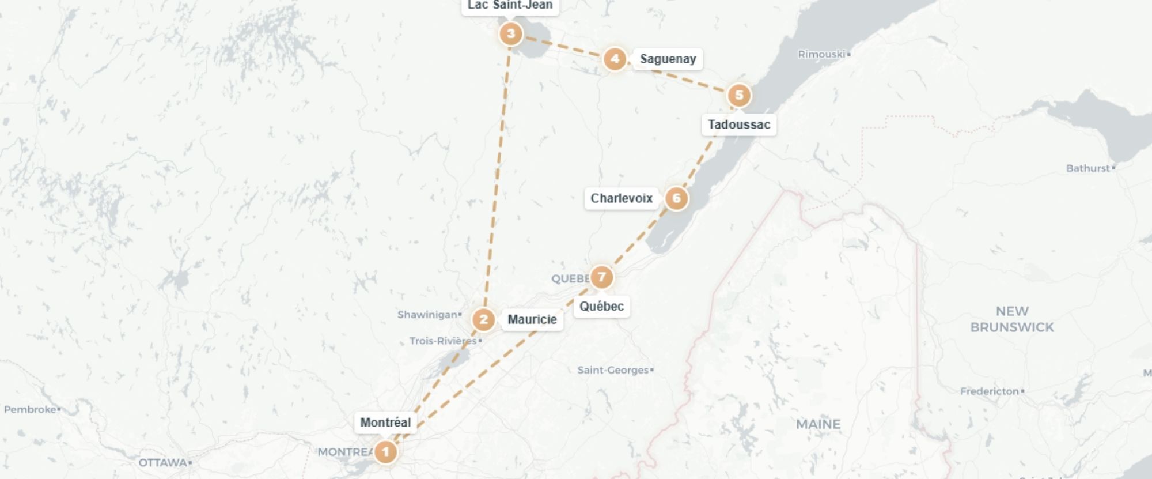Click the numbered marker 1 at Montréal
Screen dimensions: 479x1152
[x=385, y=452]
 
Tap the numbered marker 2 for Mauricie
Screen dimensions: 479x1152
[x=483, y=320]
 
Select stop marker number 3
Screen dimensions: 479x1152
[x=510, y=34]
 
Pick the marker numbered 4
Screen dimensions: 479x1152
[x=615, y=59]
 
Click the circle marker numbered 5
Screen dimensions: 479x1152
[x=739, y=96]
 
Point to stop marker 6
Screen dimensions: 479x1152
[x=676, y=199]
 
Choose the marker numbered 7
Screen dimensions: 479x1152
[x=601, y=277]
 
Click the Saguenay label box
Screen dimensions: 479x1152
[x=668, y=59]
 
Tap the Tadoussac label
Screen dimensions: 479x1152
[x=738, y=125]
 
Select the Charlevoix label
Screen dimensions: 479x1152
[x=622, y=198]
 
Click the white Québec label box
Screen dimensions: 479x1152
[x=601, y=306]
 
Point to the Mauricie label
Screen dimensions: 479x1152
[x=532, y=319]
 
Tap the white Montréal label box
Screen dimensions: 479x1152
[x=385, y=423]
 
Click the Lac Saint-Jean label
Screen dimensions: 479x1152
[x=510, y=6]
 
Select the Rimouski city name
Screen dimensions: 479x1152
[x=821, y=54]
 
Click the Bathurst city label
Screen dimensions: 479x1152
[x=1087, y=168]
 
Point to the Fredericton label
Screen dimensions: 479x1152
[x=989, y=391]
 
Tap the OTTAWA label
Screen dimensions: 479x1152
[x=162, y=462]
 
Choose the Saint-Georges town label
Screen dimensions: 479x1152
[x=613, y=370]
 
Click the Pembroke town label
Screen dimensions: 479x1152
[x=30, y=409]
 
